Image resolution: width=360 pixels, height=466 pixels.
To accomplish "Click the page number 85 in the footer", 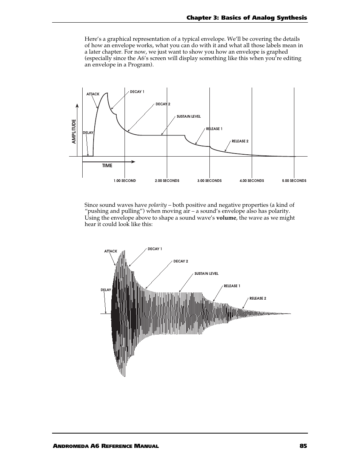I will point(303,446).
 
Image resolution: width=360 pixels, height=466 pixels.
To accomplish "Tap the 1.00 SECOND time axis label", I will point(125,181).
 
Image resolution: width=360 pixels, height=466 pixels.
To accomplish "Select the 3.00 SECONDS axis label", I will point(209,181).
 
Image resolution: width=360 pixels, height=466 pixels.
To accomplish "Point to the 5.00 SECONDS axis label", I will point(294,181).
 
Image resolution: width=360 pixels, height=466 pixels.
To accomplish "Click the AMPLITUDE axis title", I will point(74,131).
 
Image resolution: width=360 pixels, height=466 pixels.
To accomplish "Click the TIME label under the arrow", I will point(107,166).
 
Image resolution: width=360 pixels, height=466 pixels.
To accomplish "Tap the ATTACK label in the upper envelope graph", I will point(93,94).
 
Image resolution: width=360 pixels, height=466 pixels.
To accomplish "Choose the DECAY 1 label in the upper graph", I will point(137,92).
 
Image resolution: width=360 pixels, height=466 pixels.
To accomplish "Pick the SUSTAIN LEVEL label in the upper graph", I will point(189,117).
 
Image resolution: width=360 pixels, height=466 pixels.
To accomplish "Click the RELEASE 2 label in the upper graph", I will point(240,141).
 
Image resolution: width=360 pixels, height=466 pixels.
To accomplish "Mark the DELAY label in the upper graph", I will point(88,133).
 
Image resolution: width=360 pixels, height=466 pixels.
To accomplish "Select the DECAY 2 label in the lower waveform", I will point(181,261).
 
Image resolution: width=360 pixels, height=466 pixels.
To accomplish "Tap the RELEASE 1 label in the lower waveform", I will point(232,286).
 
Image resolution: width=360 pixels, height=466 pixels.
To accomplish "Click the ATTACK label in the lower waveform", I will point(111,251).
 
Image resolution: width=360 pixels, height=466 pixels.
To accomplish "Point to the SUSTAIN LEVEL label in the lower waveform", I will point(206,274).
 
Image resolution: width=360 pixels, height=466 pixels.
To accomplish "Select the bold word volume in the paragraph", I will point(226,218).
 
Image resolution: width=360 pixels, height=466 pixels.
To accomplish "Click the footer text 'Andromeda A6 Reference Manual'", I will point(106,446).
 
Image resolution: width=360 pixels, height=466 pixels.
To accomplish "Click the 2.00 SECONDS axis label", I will point(167,181).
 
